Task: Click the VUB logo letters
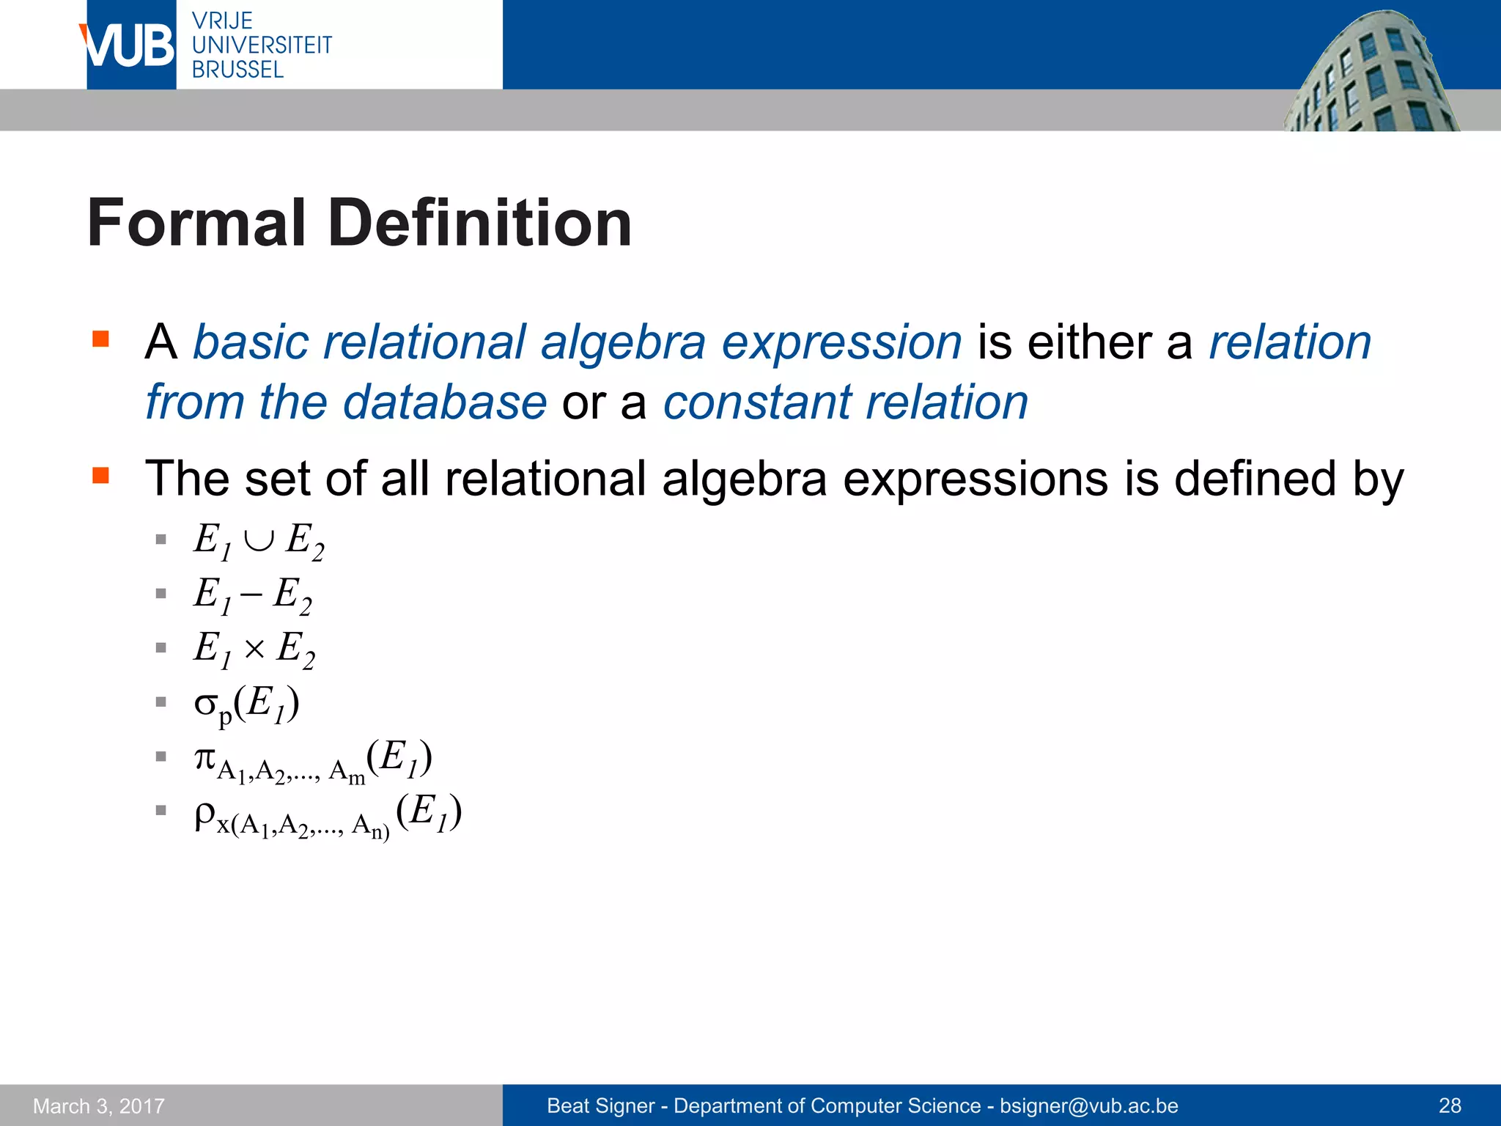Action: pyautogui.click(x=129, y=45)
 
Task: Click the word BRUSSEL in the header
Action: pyautogui.click(x=237, y=70)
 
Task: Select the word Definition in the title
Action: pyautogui.click(x=480, y=223)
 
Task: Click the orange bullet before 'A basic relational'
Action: pyautogui.click(x=100, y=339)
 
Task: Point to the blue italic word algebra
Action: pyautogui.click(x=622, y=343)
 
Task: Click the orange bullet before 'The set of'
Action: pyautogui.click(x=100, y=476)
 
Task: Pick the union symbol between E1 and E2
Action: pyautogui.click(x=259, y=541)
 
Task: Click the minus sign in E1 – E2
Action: pyautogui.click(x=251, y=595)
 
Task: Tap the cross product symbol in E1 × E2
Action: pyautogui.click(x=254, y=649)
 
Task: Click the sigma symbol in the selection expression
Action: pyautogui.click(x=205, y=703)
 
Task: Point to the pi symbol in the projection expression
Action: pyautogui.click(x=204, y=757)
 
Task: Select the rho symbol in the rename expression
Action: pyautogui.click(x=204, y=814)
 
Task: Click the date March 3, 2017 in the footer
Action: pyautogui.click(x=99, y=1105)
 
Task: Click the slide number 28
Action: pyautogui.click(x=1450, y=1105)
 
